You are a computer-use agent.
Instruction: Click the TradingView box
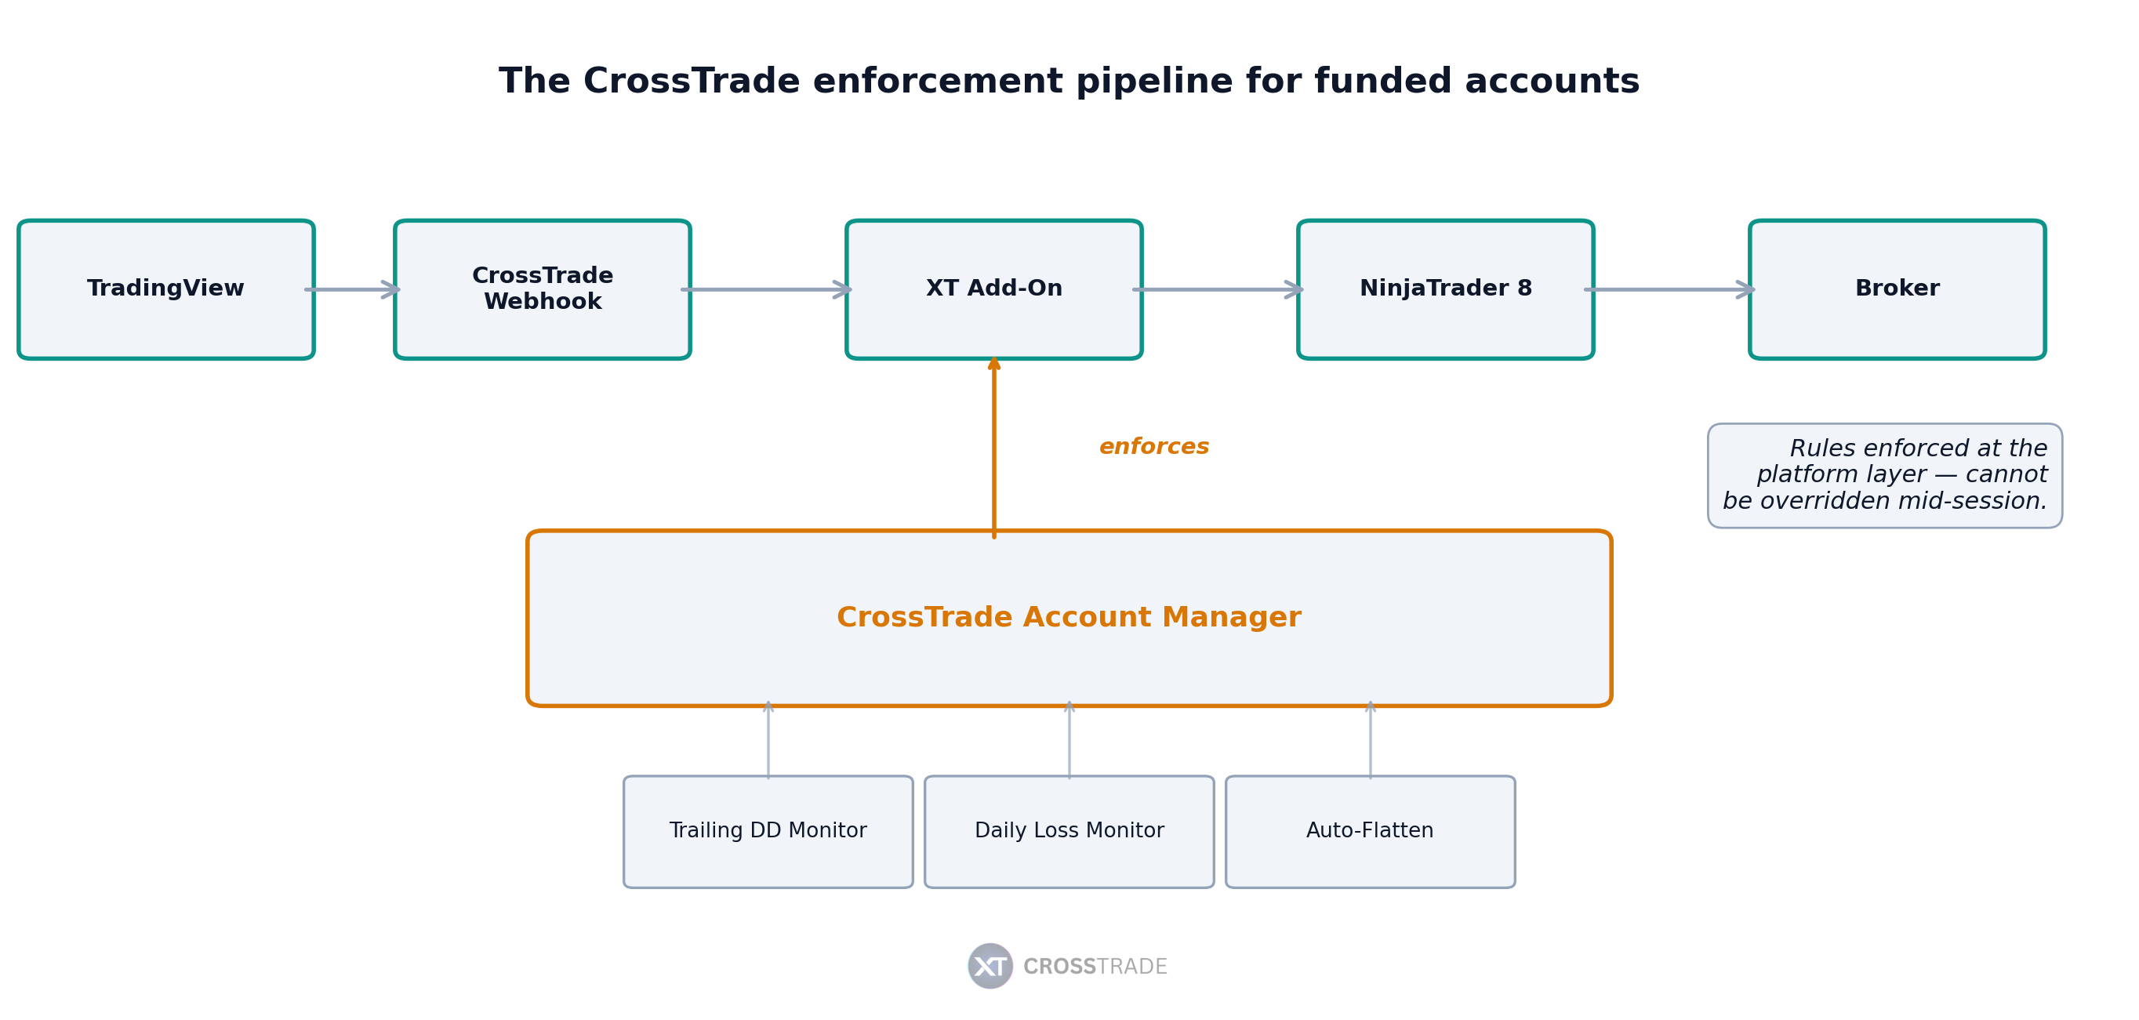point(166,289)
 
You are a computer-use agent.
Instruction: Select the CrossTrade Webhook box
point(543,289)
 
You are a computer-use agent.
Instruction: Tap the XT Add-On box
point(994,289)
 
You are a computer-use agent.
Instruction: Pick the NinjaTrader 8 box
point(1445,289)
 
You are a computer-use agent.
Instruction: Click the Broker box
point(1897,289)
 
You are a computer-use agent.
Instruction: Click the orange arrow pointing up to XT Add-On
point(994,448)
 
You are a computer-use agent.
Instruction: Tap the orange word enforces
point(1153,447)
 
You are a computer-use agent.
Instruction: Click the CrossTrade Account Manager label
point(1069,618)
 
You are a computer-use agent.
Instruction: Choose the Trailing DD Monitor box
point(768,831)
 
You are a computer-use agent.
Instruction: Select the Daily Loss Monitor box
point(1069,831)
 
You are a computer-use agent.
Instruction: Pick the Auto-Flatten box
point(1370,831)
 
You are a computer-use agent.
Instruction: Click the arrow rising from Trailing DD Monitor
point(768,740)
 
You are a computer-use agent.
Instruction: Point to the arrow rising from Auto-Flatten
point(1370,740)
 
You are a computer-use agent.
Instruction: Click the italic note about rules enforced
point(1885,475)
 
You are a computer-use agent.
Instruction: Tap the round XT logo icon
point(990,965)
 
